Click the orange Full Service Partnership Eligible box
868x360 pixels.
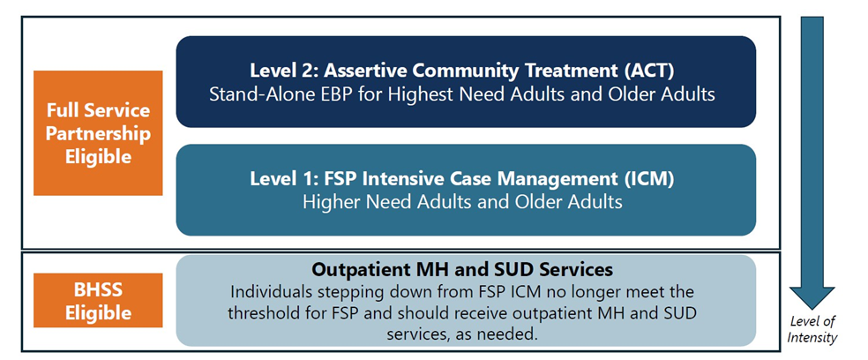(x=98, y=133)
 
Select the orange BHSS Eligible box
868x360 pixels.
(x=98, y=300)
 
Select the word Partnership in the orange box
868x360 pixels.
(x=98, y=133)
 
